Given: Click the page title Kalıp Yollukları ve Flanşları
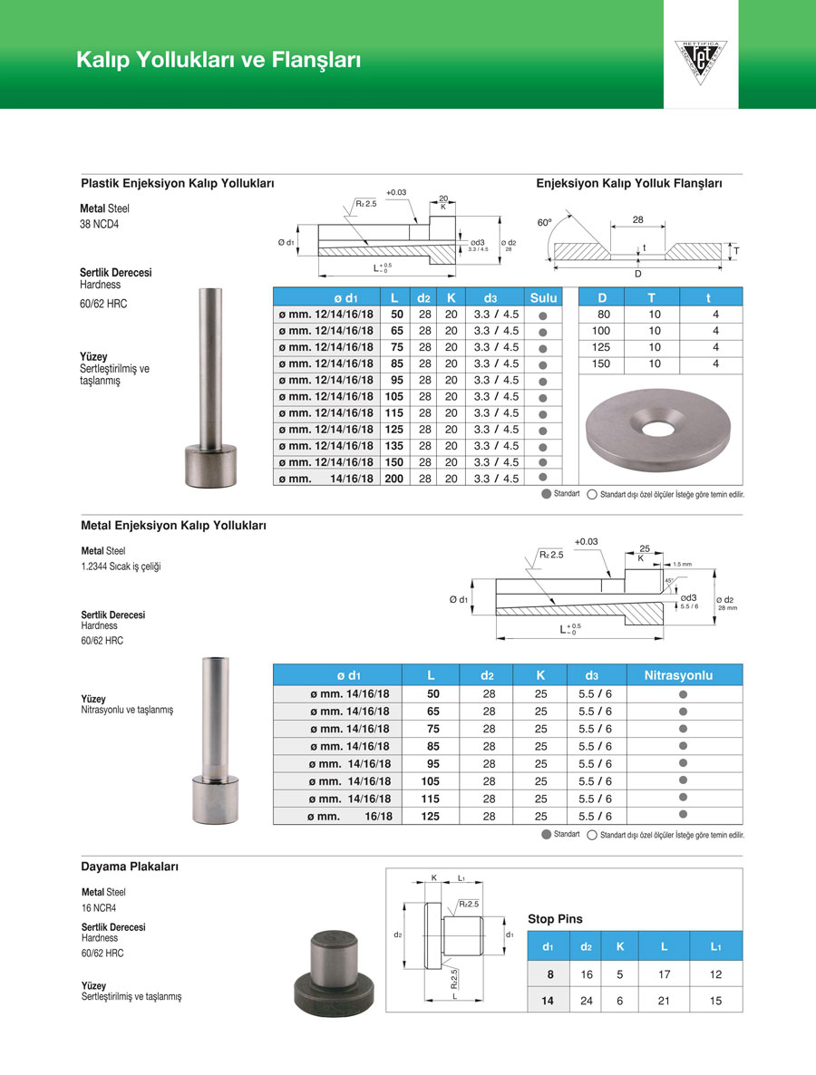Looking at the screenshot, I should pyautogui.click(x=219, y=61).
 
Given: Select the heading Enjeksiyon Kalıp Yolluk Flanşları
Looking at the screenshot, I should pyautogui.click(x=629, y=183).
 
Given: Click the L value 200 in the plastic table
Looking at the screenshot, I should pyautogui.click(x=393, y=479).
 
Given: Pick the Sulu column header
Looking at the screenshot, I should pyautogui.click(x=543, y=297).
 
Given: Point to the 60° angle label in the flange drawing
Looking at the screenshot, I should pyautogui.click(x=545, y=222).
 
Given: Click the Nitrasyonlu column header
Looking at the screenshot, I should pyautogui.click(x=678, y=675).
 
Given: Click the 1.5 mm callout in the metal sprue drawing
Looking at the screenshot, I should pyautogui.click(x=683, y=564).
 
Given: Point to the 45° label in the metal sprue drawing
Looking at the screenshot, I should pyautogui.click(x=668, y=580).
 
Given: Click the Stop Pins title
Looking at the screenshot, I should pyautogui.click(x=555, y=919).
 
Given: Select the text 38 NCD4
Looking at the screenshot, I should pyautogui.click(x=99, y=225).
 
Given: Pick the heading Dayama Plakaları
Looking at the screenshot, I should pyautogui.click(x=130, y=867).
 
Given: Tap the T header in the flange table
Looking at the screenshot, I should pyautogui.click(x=651, y=297).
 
